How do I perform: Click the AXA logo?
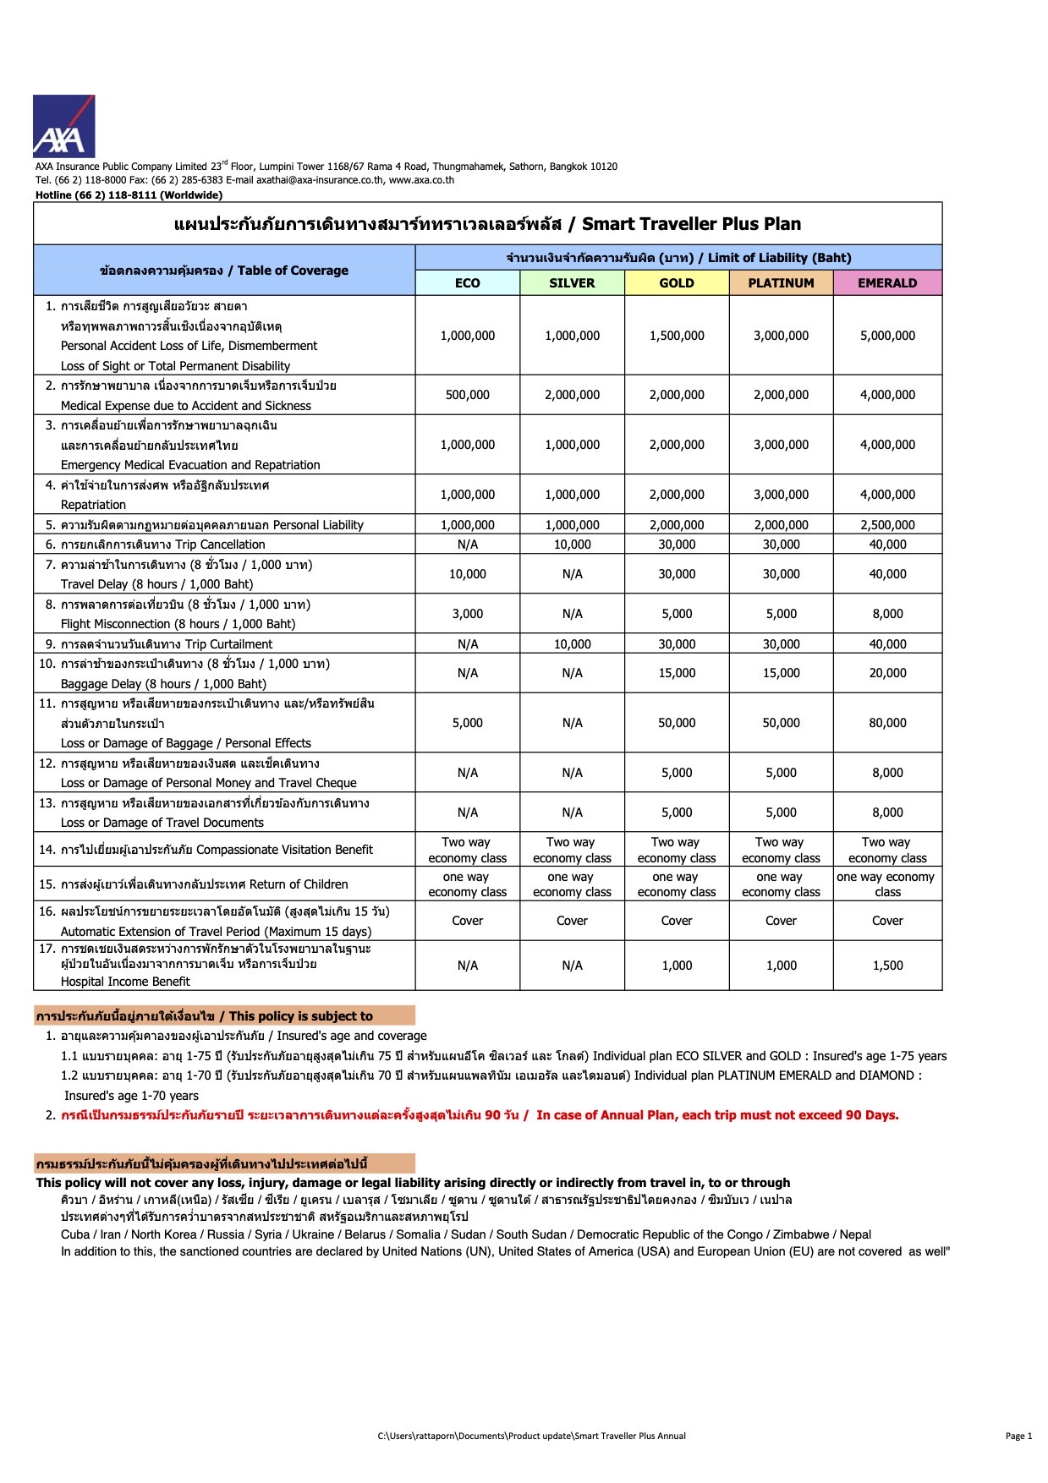63,126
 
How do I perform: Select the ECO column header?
467,283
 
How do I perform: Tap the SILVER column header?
572,283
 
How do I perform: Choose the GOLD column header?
677,283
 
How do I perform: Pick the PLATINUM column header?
781,283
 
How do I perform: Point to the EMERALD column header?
887,283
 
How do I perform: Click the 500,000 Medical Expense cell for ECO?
467,395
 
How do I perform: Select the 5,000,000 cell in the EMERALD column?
887,336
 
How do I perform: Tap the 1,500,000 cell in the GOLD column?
677,336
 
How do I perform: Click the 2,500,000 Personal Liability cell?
887,525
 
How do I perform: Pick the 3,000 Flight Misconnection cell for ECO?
467,614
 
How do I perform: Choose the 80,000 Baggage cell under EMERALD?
887,723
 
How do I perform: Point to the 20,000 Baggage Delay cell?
887,673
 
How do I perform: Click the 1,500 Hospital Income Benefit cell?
887,966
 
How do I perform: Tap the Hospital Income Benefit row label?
125,982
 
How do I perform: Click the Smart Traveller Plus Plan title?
487,224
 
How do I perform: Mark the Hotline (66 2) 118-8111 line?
129,195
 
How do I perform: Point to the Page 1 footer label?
1018,1436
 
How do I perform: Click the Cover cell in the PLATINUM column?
781,921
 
